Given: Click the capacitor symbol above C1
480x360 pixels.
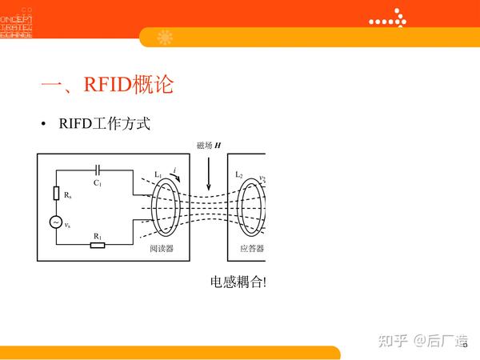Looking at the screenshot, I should [x=97, y=169].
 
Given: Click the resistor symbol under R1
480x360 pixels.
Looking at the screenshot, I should [x=98, y=244].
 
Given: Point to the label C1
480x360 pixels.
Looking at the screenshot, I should [x=97, y=183].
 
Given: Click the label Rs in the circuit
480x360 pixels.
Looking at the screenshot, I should [x=68, y=194].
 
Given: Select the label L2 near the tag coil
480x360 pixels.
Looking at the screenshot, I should [x=238, y=175].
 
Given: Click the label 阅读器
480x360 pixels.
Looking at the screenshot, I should [x=162, y=249].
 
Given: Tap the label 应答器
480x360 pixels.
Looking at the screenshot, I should [x=250, y=249].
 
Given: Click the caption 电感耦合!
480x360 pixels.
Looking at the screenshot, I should [x=238, y=282].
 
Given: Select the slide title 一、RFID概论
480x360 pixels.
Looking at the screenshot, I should [x=106, y=85].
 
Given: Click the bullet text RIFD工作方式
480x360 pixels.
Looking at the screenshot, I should [x=105, y=125].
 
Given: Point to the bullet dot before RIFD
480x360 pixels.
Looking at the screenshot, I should [x=44, y=125].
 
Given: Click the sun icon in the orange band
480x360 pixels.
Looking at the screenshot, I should [x=166, y=37].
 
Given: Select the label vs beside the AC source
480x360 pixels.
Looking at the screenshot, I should [x=68, y=224].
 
